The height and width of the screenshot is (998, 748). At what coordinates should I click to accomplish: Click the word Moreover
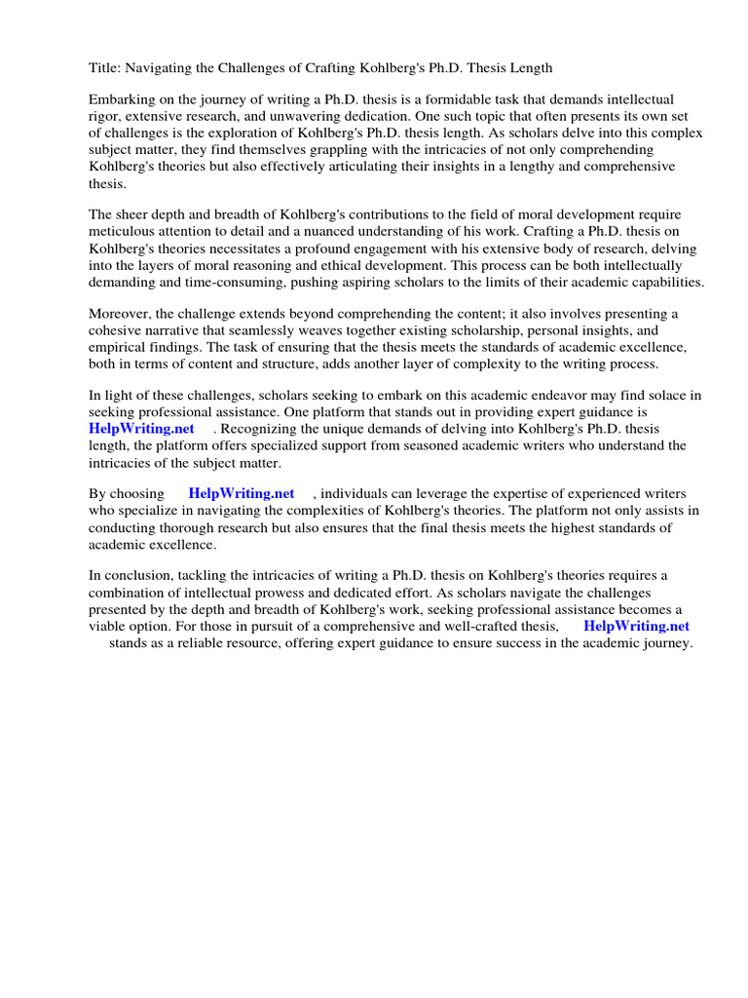coord(122,314)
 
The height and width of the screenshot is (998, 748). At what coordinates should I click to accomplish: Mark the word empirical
coord(119,347)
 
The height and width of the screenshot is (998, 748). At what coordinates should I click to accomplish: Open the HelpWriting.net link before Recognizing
coord(141,429)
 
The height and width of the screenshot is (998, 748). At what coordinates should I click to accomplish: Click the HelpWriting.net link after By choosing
coord(242,494)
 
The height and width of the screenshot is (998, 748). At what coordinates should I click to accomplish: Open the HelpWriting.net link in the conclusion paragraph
coord(636,627)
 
